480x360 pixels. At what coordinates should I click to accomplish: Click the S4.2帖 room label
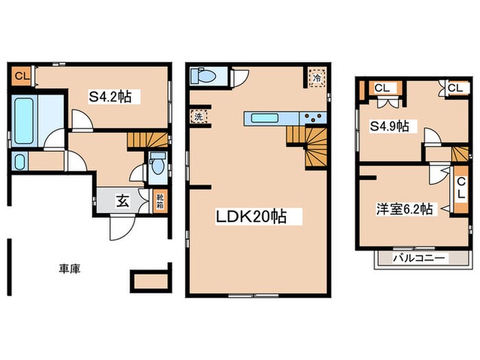[x=110, y=97]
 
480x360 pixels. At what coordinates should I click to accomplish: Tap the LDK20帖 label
[x=251, y=217]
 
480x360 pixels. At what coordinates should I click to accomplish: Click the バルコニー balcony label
[x=419, y=259]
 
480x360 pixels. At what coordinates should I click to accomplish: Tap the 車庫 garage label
[x=69, y=269]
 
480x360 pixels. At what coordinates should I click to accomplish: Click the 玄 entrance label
[x=123, y=202]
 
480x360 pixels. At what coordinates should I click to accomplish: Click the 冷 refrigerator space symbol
[x=316, y=78]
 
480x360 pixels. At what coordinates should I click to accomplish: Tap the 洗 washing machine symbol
[x=198, y=117]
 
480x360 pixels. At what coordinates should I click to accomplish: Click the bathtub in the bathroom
[x=25, y=121]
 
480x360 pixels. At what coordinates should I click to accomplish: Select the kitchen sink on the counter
[x=264, y=118]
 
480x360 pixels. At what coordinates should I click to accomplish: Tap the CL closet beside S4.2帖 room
[x=21, y=75]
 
